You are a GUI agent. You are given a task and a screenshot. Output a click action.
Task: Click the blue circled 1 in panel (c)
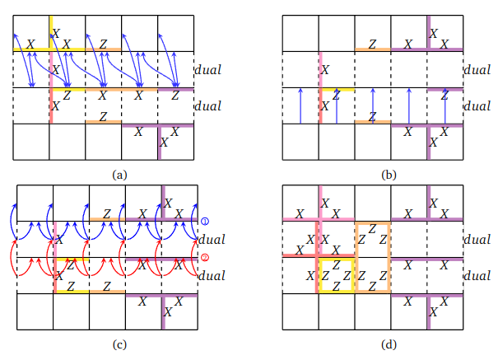click(x=205, y=221)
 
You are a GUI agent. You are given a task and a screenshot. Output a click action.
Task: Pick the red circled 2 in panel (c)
click(x=205, y=258)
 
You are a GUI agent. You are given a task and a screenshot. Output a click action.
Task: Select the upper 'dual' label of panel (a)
click(x=212, y=70)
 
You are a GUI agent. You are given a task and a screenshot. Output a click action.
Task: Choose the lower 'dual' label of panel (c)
click(x=212, y=277)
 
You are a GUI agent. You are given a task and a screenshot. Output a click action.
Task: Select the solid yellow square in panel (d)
click(x=336, y=275)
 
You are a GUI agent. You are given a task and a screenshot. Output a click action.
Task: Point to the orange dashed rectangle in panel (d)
click(x=373, y=257)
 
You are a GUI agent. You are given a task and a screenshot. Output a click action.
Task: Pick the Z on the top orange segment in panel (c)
click(x=106, y=213)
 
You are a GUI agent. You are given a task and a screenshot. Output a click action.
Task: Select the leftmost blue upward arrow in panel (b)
click(x=300, y=105)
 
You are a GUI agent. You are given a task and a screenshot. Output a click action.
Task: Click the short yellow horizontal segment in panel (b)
click(x=337, y=88)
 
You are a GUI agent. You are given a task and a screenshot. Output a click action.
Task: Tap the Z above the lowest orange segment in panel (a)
click(x=103, y=117)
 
